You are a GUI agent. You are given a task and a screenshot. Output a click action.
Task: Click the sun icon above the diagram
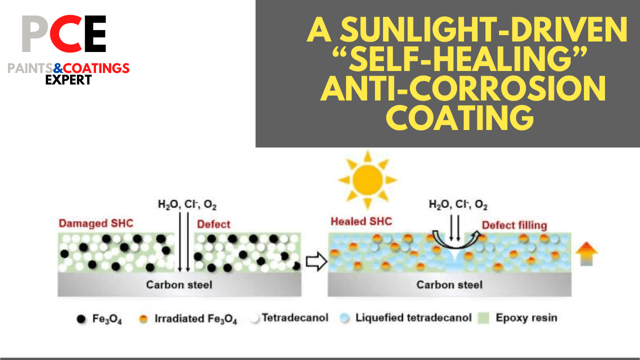367,179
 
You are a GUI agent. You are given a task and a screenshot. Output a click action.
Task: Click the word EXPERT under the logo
68,79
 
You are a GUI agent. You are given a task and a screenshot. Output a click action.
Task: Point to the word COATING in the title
461,119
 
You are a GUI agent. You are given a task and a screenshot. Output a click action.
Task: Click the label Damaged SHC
96,223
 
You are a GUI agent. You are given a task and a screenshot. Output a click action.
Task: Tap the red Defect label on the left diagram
214,224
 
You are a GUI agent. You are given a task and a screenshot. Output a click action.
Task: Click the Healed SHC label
361,221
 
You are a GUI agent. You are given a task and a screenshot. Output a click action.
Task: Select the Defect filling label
514,225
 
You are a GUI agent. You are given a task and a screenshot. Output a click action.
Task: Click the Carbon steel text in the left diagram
179,284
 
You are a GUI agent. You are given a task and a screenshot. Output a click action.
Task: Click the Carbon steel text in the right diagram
449,284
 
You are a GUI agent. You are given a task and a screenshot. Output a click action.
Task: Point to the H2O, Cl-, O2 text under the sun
458,204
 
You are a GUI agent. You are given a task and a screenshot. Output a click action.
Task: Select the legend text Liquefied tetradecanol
413,318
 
